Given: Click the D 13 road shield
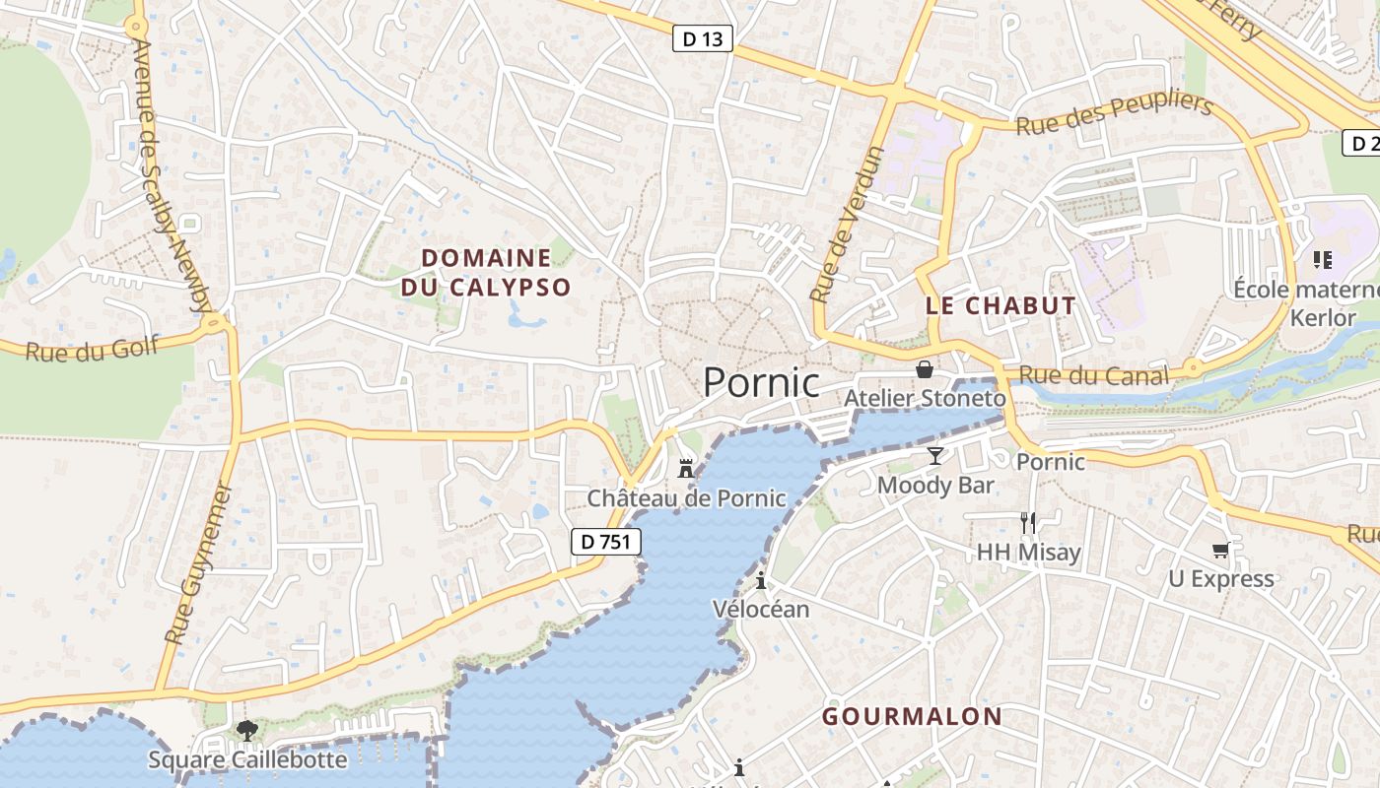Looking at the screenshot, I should coord(702,39).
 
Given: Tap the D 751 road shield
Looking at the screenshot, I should coord(606,541).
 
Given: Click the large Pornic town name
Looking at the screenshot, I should coord(761,382).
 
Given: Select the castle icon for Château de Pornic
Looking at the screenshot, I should coord(686,469).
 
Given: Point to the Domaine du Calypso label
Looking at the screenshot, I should coord(486,273).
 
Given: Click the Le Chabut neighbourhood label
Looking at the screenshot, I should coord(1000,305).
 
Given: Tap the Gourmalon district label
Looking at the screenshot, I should coord(912,716).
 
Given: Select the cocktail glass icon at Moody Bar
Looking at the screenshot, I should coord(934,455).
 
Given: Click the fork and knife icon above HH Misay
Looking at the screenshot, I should coord(1028,522).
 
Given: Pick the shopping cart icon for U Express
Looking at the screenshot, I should coord(1221,550).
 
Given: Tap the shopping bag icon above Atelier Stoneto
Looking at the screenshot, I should coord(925,369).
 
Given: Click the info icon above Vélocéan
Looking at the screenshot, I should coord(760,579).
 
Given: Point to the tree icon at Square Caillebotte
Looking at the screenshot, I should coord(246,731).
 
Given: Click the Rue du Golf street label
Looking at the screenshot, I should coord(78,349).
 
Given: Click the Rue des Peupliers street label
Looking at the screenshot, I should coord(1113,114).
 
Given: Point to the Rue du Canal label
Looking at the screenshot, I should coord(1093,375).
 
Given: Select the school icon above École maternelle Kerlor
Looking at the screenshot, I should coord(1322,260).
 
